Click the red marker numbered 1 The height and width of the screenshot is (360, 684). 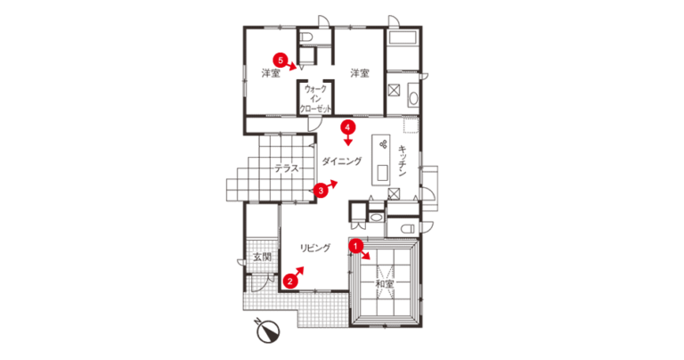point(356,246)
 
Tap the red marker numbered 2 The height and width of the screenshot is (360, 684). point(289,281)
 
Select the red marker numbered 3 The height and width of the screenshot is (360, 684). point(321,191)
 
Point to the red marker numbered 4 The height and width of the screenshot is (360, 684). point(347,127)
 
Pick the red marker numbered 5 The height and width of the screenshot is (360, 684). point(281,60)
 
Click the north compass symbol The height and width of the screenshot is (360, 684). point(267,331)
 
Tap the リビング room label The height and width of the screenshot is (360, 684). point(315,248)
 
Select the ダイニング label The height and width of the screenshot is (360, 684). point(342,161)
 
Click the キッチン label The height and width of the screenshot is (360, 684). point(403,161)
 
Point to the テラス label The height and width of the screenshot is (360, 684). point(287,168)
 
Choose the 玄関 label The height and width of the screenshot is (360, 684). point(262,257)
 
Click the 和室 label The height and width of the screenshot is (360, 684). point(385,283)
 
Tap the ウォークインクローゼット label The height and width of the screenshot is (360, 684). point(315,99)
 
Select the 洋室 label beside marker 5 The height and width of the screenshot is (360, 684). point(271,73)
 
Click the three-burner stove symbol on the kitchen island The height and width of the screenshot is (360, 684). point(383,143)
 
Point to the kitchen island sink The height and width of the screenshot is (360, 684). point(383,173)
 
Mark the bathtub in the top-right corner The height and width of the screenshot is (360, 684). point(403,37)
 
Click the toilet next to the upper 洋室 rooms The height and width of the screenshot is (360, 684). point(307,37)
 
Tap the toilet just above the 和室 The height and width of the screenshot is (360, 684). point(407,229)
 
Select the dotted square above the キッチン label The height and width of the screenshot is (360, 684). point(411,125)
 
